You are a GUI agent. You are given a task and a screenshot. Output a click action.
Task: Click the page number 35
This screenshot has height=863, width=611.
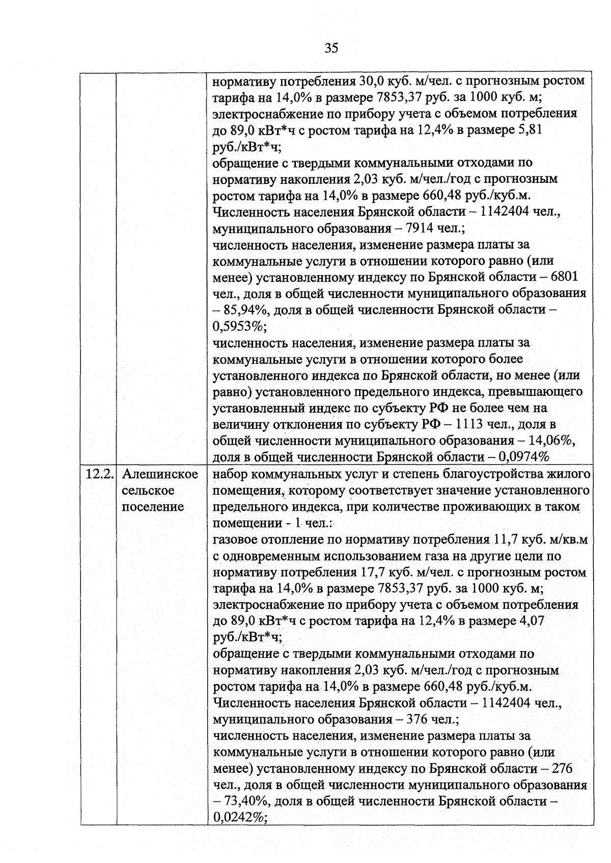click(x=331, y=48)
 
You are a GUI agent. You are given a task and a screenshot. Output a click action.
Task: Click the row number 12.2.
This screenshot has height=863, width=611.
click(x=98, y=474)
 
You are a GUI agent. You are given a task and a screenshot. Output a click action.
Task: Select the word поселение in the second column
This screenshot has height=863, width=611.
click(x=153, y=507)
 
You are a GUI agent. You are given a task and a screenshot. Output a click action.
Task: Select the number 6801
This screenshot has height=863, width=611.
click(x=565, y=277)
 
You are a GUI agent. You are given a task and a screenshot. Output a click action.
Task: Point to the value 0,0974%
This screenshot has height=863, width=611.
click(x=524, y=457)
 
